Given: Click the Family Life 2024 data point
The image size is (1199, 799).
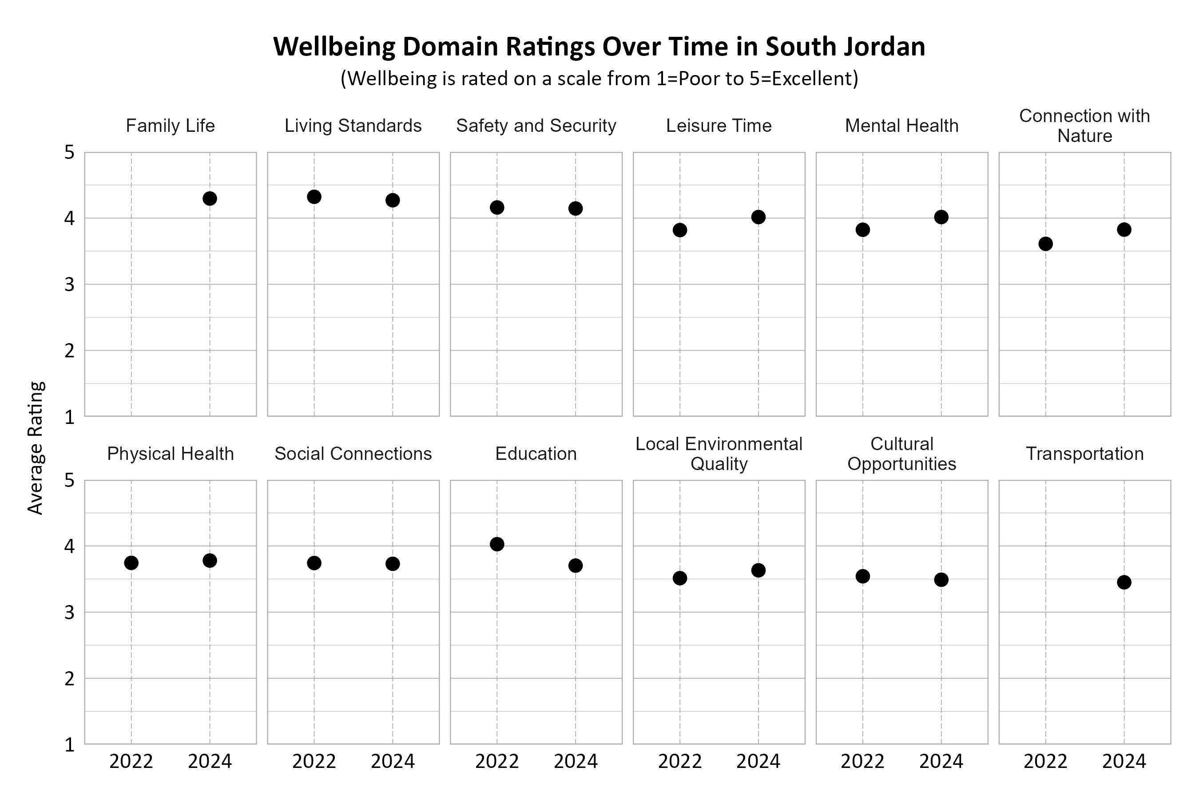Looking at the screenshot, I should coord(210,199).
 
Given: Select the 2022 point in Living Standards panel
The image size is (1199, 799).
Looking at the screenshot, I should coord(314,197).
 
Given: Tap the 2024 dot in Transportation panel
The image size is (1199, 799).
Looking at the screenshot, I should coord(1124,582).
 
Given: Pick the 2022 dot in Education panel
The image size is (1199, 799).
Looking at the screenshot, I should coord(497,544).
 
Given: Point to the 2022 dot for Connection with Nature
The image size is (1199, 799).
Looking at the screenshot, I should coord(1045,244).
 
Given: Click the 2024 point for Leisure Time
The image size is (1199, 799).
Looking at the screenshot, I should coord(758,217).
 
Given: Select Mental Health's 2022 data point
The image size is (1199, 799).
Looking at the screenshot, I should coord(862,230).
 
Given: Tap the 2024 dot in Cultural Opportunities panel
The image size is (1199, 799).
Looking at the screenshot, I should coord(941,580).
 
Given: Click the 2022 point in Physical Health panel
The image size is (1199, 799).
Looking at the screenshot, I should coord(131,563).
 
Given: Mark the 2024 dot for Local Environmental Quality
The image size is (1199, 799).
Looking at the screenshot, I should coord(758,570).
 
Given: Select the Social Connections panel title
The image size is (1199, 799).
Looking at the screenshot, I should coord(353,454).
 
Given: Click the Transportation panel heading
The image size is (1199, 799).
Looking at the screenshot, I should coord(1084,454).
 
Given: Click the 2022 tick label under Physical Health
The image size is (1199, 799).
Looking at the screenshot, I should coord(131,762).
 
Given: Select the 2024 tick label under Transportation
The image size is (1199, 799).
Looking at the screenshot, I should coord(1124,762).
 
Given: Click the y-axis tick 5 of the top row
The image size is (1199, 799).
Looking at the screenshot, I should coord(69,152).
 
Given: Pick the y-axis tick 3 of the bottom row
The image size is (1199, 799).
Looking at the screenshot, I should coord(69,613).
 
